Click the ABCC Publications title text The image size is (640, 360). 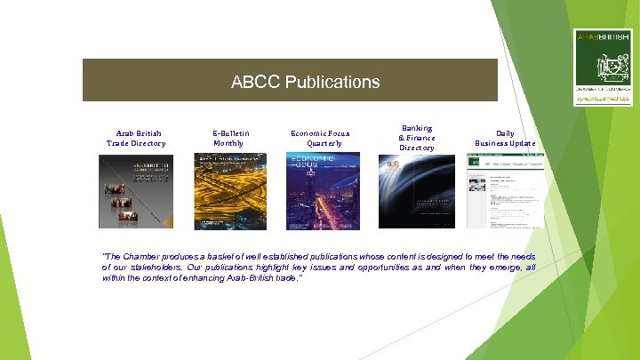(x=305, y=82)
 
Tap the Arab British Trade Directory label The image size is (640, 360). (x=136, y=138)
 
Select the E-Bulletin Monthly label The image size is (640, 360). (x=230, y=138)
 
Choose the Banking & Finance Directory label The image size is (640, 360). (x=416, y=138)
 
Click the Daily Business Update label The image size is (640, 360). (x=505, y=138)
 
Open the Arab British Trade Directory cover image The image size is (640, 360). (x=136, y=191)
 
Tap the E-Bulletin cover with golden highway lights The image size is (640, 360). (x=230, y=191)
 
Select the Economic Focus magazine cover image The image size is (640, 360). (x=323, y=191)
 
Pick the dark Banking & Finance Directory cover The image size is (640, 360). (x=416, y=191)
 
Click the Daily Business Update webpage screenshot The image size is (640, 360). (x=507, y=191)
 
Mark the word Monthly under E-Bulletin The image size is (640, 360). (x=228, y=143)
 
